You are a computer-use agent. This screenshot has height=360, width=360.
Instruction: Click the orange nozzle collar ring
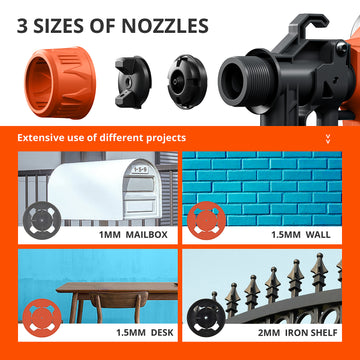click(x=60, y=82)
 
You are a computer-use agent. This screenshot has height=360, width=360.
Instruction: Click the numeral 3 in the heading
click(x=22, y=26)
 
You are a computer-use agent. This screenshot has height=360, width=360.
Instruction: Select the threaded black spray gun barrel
click(x=247, y=81)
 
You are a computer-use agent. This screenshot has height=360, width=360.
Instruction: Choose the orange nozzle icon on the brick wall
click(x=207, y=219)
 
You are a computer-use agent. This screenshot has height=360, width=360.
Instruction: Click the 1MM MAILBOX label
click(x=133, y=235)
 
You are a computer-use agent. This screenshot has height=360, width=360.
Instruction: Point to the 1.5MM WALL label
click(x=301, y=235)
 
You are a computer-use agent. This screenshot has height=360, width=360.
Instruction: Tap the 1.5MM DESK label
click(x=145, y=333)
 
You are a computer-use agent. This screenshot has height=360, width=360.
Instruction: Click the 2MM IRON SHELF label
click(x=298, y=333)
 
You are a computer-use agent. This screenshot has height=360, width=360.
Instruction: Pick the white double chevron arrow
click(x=328, y=139)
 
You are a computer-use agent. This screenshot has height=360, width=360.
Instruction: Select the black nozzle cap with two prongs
click(x=133, y=82)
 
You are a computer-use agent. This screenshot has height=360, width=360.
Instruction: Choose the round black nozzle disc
click(x=187, y=82)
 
